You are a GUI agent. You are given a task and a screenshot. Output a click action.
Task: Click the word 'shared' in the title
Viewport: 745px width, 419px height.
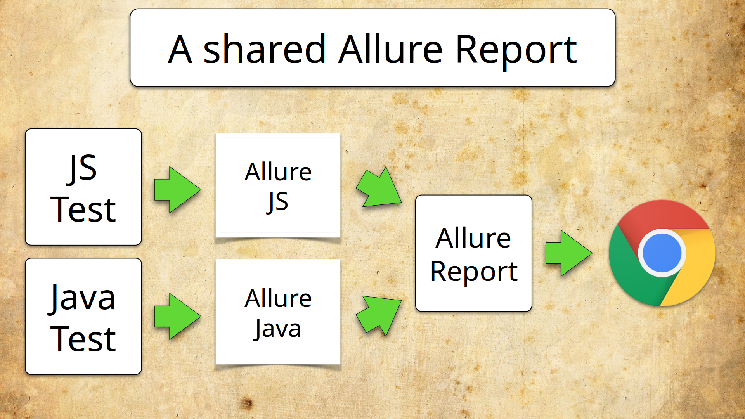tap(264, 50)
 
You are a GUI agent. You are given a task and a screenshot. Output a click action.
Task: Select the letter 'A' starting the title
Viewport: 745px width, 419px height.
tap(180, 50)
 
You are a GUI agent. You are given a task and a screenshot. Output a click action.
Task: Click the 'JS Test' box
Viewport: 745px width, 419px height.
tap(83, 187)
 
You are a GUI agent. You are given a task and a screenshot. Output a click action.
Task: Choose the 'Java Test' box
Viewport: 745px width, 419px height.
tap(83, 316)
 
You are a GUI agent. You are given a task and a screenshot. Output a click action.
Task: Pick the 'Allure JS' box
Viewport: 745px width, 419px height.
tap(278, 185)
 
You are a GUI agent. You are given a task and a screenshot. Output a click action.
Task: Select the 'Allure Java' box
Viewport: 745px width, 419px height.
tap(278, 312)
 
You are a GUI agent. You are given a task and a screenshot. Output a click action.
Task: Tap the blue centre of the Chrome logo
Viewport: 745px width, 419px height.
tap(662, 253)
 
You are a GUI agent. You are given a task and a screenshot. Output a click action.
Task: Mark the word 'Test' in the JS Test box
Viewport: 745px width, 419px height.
tap(83, 209)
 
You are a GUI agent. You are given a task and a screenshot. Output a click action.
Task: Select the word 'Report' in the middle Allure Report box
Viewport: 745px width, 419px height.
tap(474, 272)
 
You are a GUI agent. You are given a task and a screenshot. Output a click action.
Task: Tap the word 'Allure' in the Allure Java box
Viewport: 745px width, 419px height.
tap(278, 298)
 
